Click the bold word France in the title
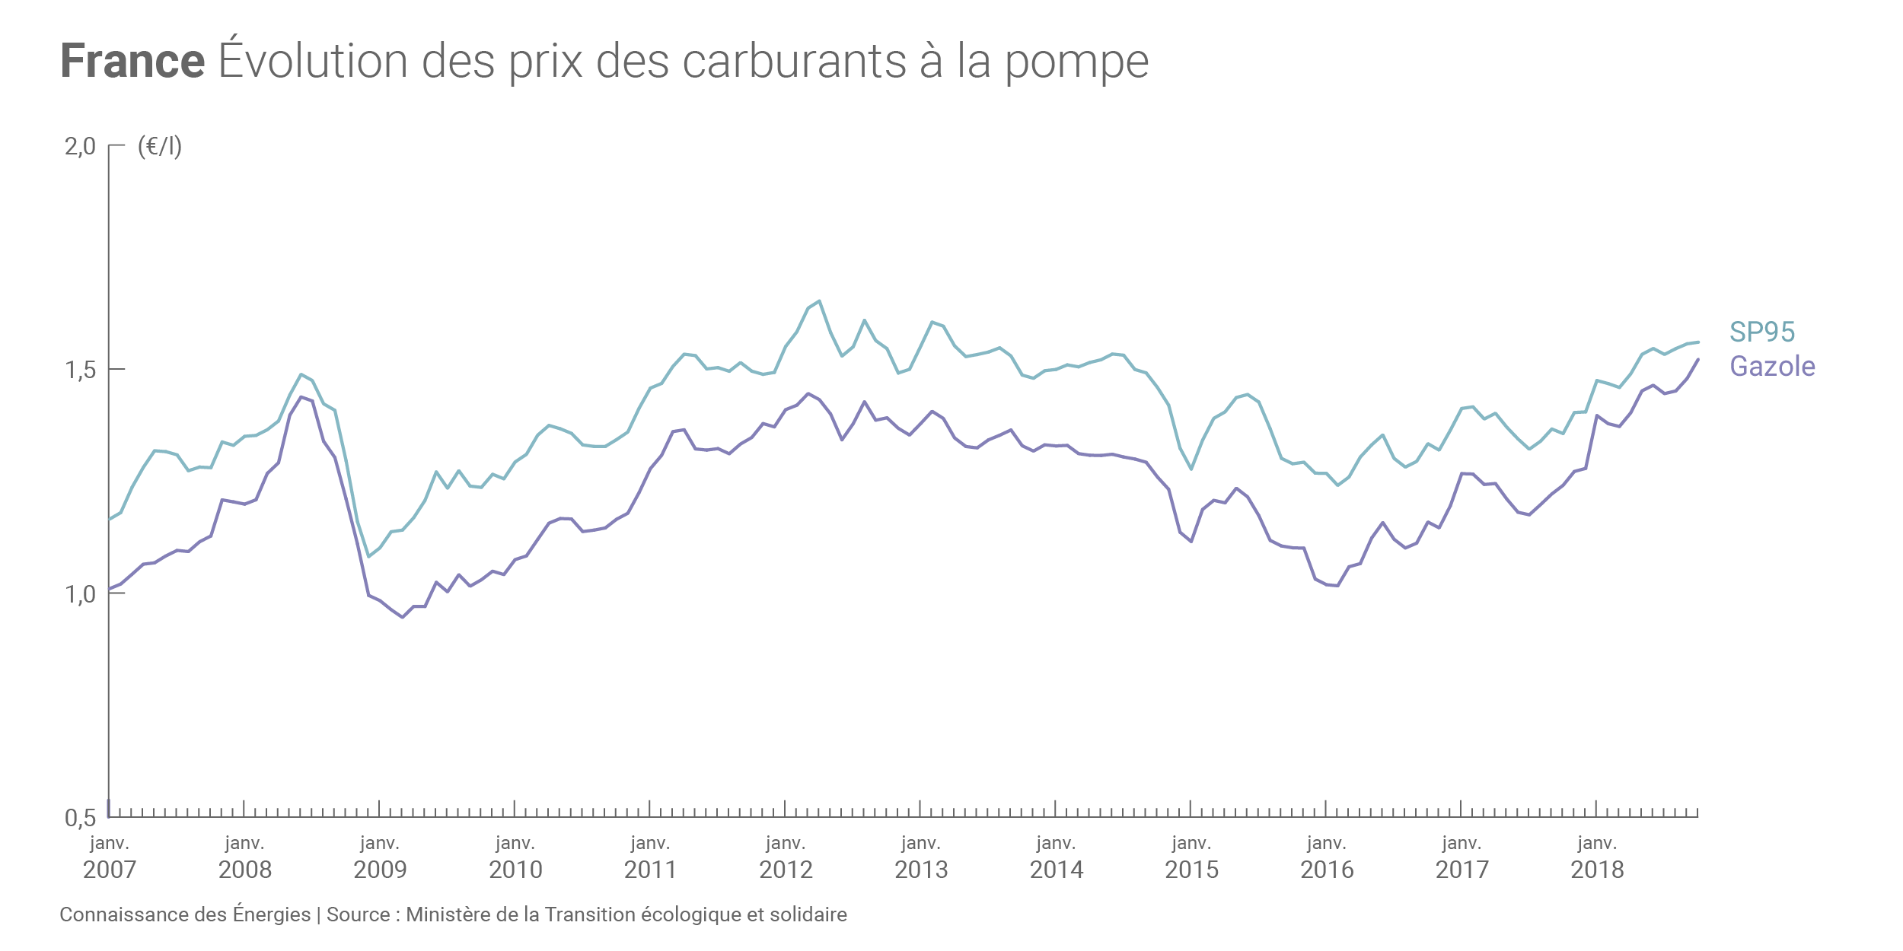coord(132,61)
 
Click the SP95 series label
coord(1762,332)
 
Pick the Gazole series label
coord(1772,367)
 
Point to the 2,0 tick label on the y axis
coord(80,146)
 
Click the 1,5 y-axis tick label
coord(80,371)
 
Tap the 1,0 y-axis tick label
coord(80,594)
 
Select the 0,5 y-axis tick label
coord(80,819)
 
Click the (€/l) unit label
coord(160,146)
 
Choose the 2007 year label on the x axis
coord(110,870)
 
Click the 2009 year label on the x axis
coord(380,870)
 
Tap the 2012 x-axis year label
coord(786,870)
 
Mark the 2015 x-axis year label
coord(1191,870)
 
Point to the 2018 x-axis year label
coord(1597,870)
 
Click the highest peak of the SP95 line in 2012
coord(819,301)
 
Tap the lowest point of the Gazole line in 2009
coord(402,617)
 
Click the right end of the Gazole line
coord(1697,360)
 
